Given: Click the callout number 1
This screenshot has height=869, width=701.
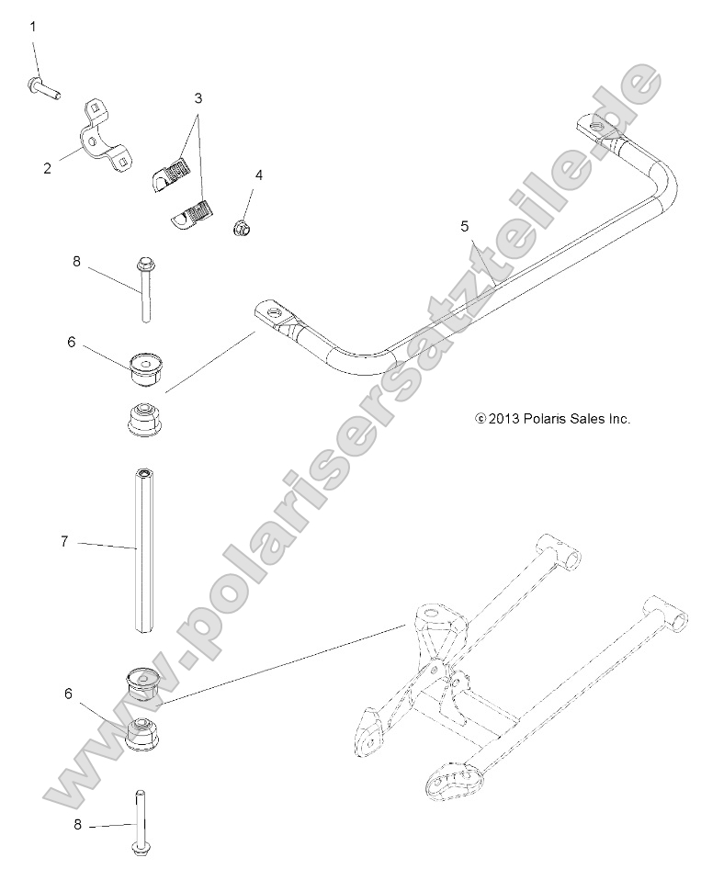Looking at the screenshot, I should pyautogui.click(x=33, y=27).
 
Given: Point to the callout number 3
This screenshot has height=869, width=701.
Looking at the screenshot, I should pyautogui.click(x=198, y=96).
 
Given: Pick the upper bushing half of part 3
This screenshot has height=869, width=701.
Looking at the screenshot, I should pyautogui.click(x=172, y=169).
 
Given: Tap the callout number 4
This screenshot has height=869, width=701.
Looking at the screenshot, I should pyautogui.click(x=258, y=175).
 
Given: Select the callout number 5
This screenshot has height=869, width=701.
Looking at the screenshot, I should pyautogui.click(x=465, y=224).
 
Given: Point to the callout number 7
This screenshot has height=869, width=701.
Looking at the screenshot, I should pyautogui.click(x=64, y=542).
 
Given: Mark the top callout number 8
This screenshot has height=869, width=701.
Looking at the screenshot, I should pyautogui.click(x=77, y=261).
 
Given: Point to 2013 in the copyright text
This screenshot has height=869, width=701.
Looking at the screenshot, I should pyautogui.click(x=504, y=418).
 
